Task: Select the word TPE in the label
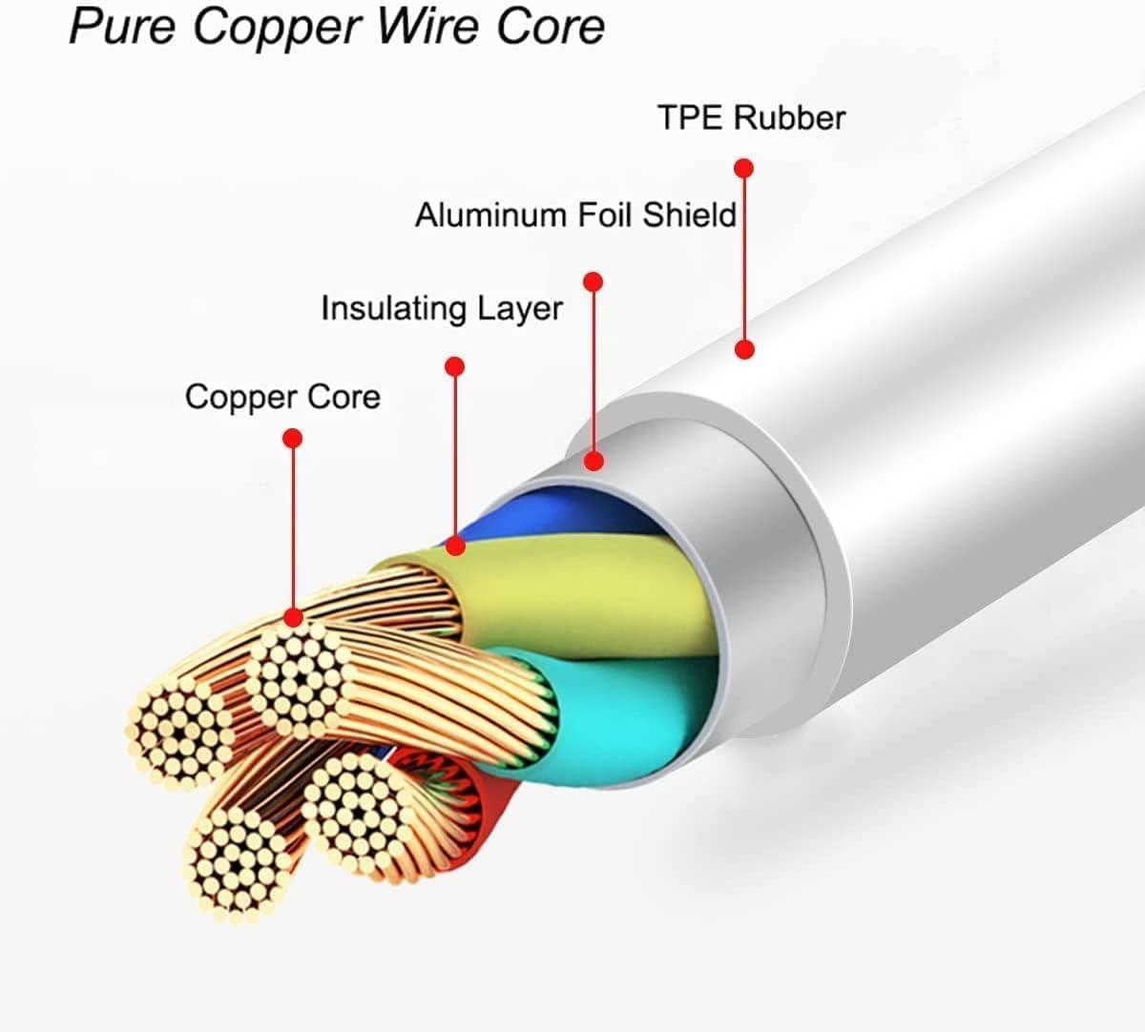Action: coord(692,118)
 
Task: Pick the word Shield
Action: coord(690,215)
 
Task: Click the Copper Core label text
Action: coord(282,397)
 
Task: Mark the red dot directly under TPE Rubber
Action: coord(744,169)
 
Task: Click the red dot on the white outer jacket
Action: coord(745,349)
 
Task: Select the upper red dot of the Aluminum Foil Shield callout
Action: coord(593,282)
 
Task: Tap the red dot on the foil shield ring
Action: coord(594,462)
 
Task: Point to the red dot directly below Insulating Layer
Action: coord(455,366)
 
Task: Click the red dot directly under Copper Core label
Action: coord(293,438)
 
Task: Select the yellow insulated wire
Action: coord(611,591)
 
